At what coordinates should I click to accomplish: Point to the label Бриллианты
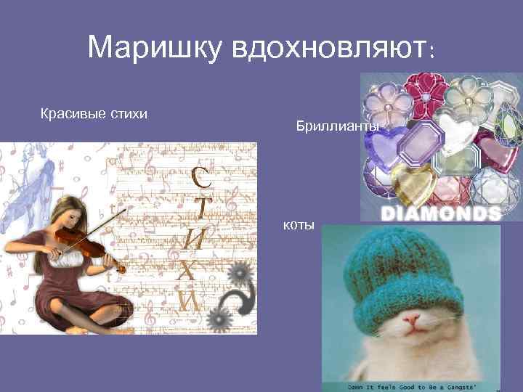point(337,127)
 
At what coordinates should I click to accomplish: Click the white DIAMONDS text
point(441,213)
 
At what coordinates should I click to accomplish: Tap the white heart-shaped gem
point(457,128)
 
